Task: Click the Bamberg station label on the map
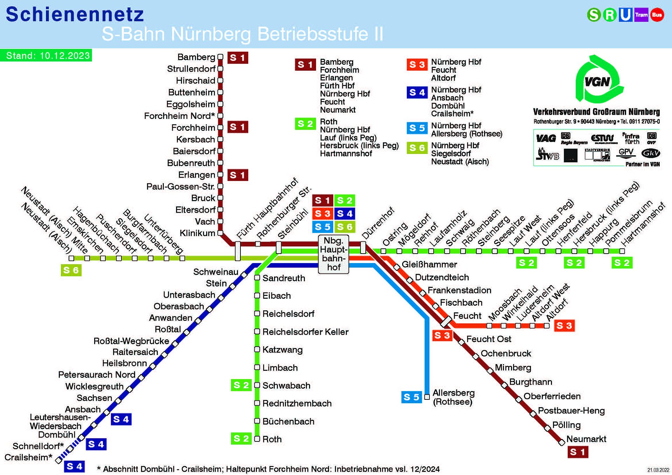tap(196, 57)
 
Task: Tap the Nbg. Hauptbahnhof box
tap(334, 254)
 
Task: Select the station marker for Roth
tap(257, 439)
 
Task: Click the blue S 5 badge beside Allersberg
tap(411, 397)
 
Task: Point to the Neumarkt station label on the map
tap(586, 439)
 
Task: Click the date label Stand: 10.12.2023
tap(48, 56)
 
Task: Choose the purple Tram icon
tap(641, 15)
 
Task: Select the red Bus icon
tap(657, 15)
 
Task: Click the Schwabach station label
tap(286, 385)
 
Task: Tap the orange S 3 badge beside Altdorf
tap(564, 326)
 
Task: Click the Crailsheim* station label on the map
tap(28, 457)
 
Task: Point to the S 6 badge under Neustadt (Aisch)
tap(71, 270)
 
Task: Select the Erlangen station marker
tap(220, 175)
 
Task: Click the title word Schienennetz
tap(75, 15)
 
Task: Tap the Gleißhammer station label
tap(429, 264)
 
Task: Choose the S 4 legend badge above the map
tap(417, 92)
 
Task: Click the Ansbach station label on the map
tap(83, 409)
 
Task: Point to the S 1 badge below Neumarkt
tap(578, 452)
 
